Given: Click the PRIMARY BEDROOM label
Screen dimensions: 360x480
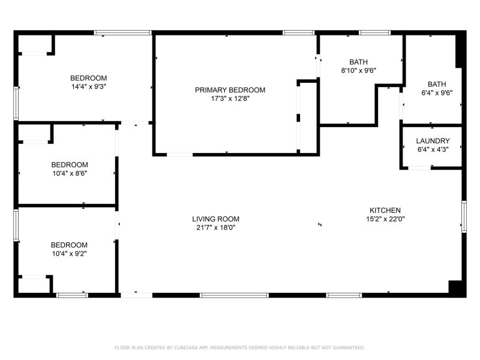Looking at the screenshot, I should coord(230,90).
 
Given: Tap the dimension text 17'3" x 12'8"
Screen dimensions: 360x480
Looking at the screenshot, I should coord(230,98).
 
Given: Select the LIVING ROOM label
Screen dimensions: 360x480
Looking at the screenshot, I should coord(215,219).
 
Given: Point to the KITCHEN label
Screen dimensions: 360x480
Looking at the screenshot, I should coord(385,211).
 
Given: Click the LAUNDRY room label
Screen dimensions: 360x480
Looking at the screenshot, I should coord(433,141).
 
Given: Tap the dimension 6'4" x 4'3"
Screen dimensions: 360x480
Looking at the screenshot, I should coord(433,149).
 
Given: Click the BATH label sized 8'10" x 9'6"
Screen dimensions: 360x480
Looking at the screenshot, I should coord(358,62).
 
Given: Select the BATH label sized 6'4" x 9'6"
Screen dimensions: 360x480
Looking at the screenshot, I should coord(436,85).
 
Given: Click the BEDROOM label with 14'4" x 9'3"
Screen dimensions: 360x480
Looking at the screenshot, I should coord(89,78).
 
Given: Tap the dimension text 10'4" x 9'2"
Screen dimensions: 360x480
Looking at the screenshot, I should coord(69,253).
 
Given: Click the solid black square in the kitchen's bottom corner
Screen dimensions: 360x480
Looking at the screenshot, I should coord(457,287).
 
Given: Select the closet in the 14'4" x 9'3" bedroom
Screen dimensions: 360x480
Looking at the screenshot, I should coord(35,44).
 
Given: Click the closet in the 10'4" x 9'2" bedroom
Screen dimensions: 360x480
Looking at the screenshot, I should coord(35,284).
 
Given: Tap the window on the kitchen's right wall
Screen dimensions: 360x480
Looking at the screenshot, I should coord(464,216).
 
